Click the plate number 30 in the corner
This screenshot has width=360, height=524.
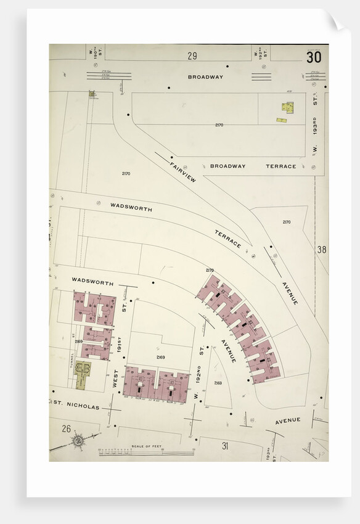pos(313,57)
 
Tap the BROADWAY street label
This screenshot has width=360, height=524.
pos(205,77)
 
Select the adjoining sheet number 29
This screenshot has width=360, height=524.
pos(192,56)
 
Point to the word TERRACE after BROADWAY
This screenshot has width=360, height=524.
pos(280,166)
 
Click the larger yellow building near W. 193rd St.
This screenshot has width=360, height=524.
pos(287,107)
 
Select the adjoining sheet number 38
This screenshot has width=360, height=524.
pos(321,250)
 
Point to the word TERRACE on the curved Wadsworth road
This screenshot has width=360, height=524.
pos(227,239)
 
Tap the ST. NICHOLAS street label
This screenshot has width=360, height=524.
pos(76,407)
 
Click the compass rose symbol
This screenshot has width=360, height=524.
pos(78,441)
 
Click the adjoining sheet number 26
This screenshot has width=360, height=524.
pos(66,428)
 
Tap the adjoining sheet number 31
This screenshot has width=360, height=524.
pos(224,445)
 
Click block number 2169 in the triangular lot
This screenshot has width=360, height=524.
pos(218,383)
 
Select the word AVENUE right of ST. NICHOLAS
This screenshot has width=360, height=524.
pos(287,420)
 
